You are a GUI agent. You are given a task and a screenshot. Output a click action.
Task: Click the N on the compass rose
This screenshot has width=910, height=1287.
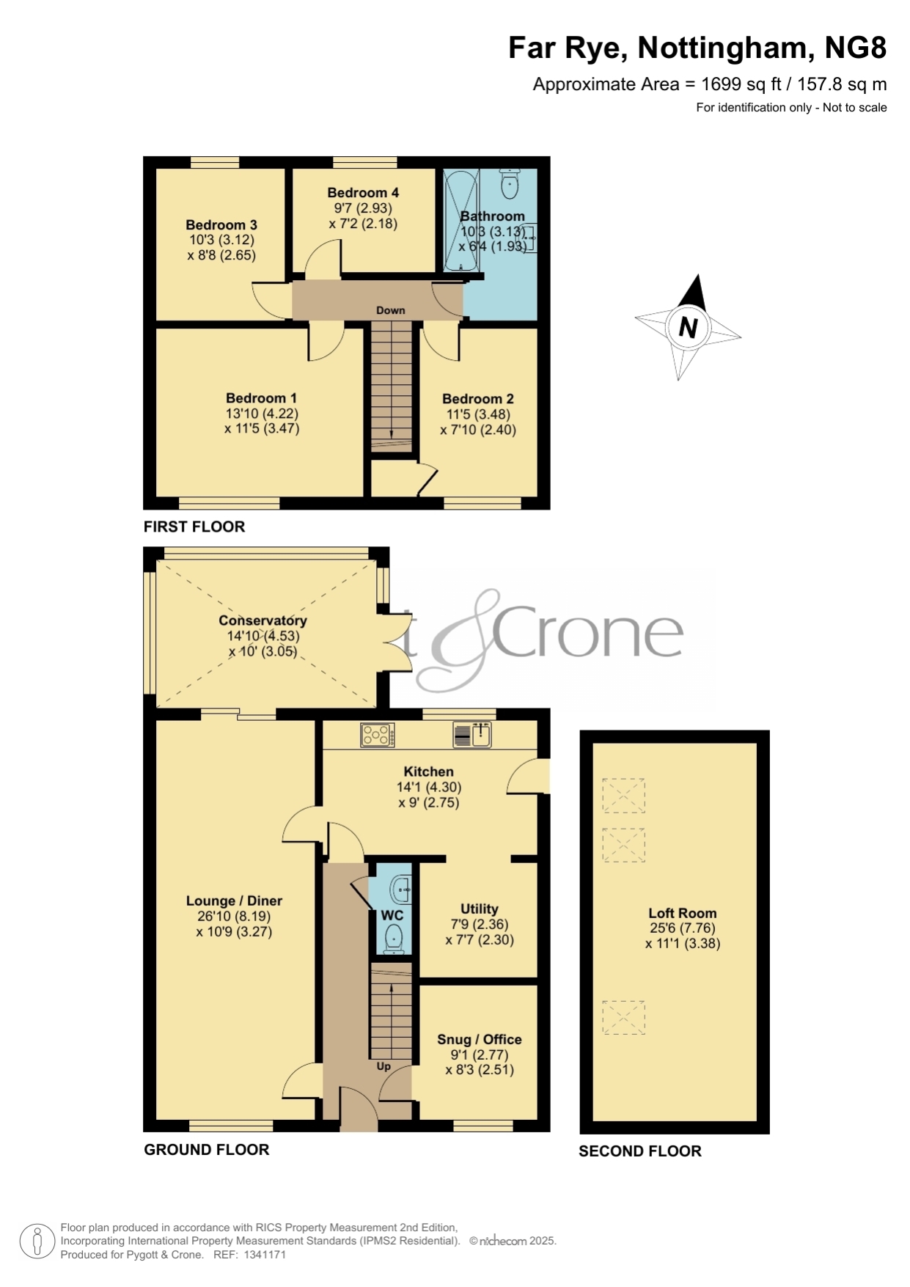point(688,327)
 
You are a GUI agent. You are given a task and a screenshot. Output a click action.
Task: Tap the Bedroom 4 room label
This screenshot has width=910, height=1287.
point(363,193)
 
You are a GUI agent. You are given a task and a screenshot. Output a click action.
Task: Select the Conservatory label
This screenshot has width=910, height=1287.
point(263,620)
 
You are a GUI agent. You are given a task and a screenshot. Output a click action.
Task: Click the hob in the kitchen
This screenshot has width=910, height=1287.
point(378,735)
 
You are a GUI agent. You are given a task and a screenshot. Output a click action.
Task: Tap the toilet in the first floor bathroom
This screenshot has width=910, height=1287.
point(509,183)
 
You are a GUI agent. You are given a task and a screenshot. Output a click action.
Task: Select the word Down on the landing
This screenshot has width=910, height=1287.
point(391,310)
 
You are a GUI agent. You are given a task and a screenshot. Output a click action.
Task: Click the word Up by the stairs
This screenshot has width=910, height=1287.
point(384,1066)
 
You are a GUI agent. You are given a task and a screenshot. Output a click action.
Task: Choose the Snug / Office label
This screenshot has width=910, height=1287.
point(480,1039)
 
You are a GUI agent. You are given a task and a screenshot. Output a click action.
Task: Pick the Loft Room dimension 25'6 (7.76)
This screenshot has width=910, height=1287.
point(682,928)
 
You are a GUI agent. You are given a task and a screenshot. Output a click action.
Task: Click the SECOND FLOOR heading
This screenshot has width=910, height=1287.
point(640,1151)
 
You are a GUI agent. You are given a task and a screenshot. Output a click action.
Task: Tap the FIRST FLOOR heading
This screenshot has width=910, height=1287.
point(194,527)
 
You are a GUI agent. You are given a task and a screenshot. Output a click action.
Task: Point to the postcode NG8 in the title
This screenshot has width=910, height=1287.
point(856,48)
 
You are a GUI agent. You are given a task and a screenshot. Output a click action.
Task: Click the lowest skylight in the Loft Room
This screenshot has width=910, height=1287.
point(623,1018)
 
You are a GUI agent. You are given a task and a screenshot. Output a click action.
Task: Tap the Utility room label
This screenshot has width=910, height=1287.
point(480,909)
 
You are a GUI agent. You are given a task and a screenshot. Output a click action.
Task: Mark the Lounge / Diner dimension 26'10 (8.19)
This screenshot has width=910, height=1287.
point(234,917)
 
